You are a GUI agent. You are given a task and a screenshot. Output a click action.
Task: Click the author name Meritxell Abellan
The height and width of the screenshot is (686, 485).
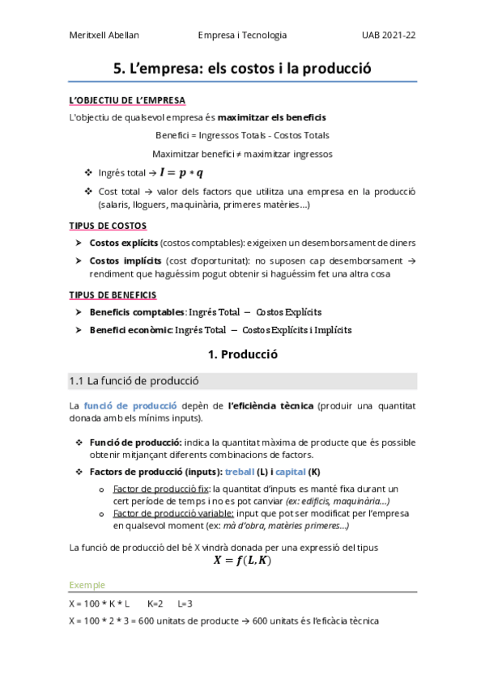click(104, 36)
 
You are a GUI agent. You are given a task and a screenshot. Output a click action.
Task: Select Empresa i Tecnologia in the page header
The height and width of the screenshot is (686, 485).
click(242, 36)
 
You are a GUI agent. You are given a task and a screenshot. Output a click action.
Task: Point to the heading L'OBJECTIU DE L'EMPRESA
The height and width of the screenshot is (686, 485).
click(128, 100)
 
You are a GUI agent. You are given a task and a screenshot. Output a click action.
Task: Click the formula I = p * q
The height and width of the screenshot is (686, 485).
click(181, 172)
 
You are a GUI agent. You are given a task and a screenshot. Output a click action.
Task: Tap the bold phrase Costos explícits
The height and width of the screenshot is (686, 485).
click(124, 243)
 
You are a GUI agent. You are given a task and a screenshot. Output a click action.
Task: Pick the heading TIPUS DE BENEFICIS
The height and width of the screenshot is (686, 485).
click(113, 294)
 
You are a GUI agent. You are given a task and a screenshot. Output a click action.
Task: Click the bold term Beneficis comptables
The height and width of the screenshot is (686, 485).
click(137, 312)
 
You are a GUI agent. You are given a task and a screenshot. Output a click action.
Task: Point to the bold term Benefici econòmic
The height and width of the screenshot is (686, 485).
click(132, 330)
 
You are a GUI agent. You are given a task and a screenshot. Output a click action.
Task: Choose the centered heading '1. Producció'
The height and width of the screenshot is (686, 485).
click(242, 354)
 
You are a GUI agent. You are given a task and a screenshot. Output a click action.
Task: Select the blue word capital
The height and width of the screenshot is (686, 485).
click(291, 472)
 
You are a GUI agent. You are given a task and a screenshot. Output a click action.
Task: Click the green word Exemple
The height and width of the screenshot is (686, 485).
click(87, 585)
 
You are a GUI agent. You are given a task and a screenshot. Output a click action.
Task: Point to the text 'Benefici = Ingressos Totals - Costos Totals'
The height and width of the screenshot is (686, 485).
click(242, 135)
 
